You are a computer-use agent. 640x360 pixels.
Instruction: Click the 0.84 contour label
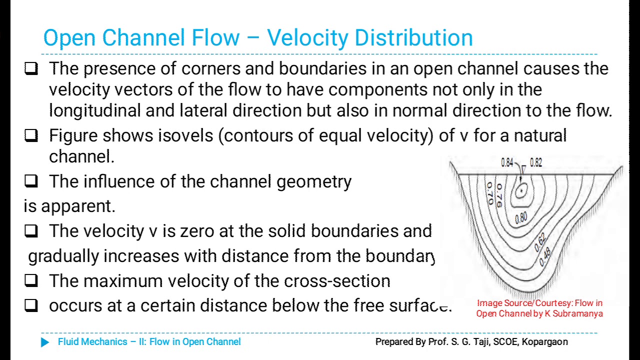pos(507,162)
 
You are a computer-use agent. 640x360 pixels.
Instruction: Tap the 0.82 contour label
pos(535,162)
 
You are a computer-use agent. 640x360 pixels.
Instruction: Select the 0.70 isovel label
pos(490,194)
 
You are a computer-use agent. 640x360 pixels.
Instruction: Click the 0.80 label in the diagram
pos(521,218)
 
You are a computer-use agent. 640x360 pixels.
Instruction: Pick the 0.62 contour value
pos(539,243)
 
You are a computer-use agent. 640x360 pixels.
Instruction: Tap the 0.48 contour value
pos(545,256)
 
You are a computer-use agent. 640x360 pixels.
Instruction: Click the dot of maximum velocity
pos(522,190)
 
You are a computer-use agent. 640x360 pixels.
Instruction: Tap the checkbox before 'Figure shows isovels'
pos(31,135)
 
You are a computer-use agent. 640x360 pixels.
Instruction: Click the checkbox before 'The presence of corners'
pos(31,68)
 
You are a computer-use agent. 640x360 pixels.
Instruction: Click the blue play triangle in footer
pos(45,342)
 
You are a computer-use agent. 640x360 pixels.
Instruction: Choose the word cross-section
pos(337,281)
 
